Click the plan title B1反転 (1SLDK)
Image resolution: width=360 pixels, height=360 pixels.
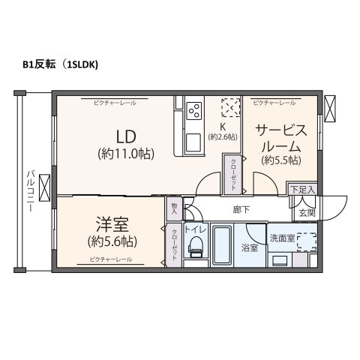point(61,64)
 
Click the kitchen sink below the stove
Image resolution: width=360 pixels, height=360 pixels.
point(192,141)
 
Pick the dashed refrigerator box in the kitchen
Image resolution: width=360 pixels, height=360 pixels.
point(231,107)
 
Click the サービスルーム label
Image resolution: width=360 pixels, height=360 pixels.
point(280,138)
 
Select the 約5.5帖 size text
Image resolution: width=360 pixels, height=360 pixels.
point(280,160)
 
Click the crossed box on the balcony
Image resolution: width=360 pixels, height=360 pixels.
point(44,184)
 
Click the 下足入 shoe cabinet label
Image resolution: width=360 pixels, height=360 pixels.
point(301,190)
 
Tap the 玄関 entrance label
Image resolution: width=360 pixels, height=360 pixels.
point(307,214)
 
